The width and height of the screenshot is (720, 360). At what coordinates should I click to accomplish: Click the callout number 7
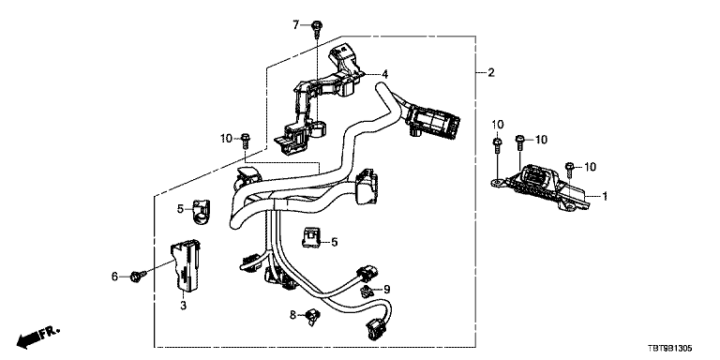click(296, 24)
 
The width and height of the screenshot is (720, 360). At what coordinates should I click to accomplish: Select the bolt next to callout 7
click(316, 28)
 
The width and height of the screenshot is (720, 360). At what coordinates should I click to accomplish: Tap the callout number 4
click(385, 73)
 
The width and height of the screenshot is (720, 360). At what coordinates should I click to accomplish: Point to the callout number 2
click(491, 72)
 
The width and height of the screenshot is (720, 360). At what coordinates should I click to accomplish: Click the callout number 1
click(605, 197)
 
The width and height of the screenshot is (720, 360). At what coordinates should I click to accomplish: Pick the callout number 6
click(114, 276)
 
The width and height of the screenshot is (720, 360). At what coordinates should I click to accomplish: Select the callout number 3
click(183, 305)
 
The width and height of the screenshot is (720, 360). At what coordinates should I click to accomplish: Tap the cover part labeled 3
click(187, 265)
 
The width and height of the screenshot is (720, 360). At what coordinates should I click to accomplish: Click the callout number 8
click(292, 315)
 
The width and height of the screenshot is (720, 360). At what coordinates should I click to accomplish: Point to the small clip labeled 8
click(313, 315)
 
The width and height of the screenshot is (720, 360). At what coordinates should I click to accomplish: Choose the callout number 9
click(386, 290)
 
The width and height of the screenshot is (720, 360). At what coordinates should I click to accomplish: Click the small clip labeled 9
click(366, 291)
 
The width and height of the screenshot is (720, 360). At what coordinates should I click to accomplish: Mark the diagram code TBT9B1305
click(669, 350)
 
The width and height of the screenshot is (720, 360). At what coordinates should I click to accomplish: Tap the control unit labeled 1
click(541, 187)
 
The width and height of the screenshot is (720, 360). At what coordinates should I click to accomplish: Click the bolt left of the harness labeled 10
click(246, 140)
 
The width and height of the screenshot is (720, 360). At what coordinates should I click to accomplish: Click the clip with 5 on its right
click(311, 238)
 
